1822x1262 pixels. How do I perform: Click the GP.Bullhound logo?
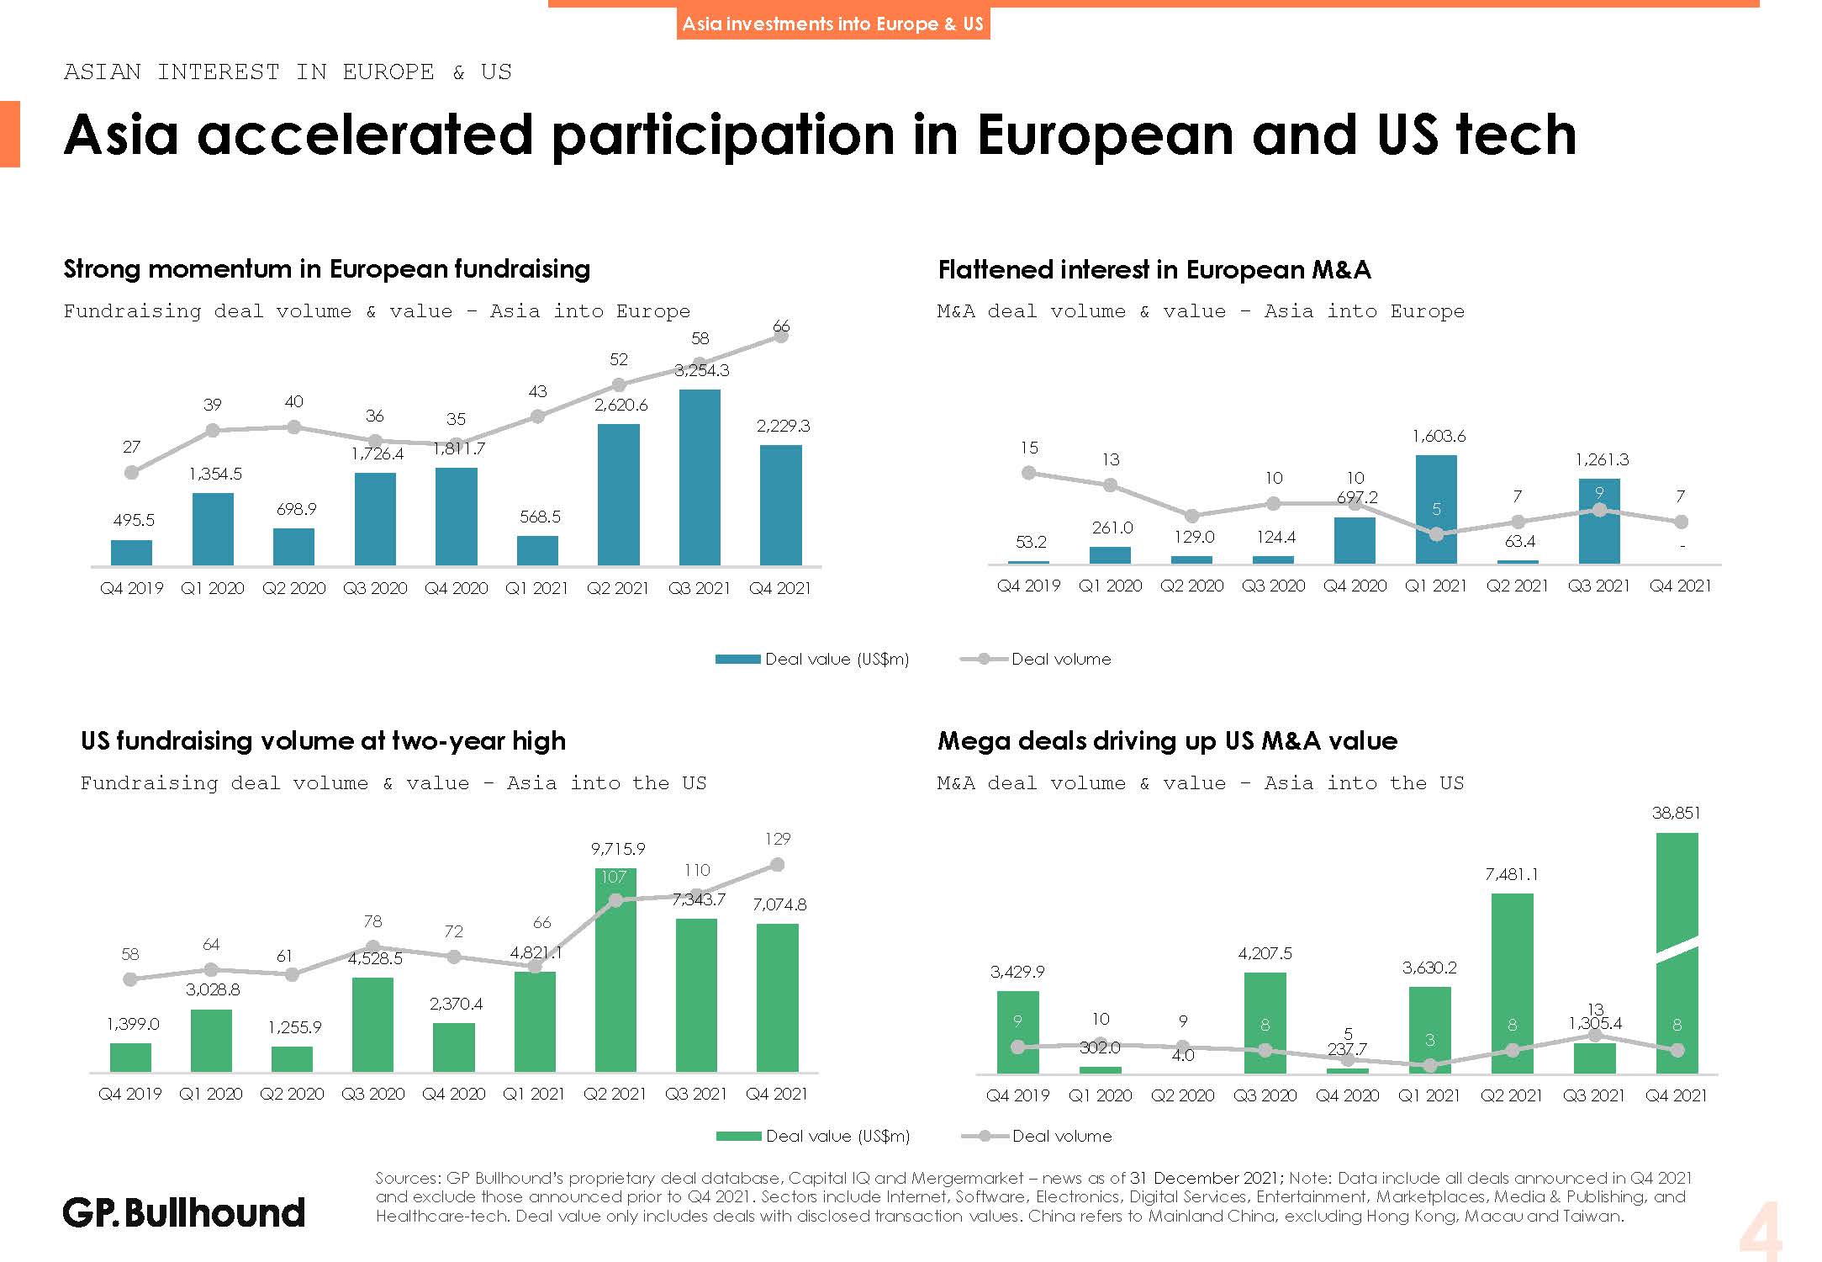[x=183, y=1212]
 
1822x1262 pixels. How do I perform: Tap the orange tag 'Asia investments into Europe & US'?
[x=832, y=24]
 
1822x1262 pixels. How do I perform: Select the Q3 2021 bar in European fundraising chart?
[x=700, y=477]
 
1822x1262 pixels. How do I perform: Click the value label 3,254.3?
[x=702, y=370]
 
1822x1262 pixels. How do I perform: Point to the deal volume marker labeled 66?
[x=781, y=336]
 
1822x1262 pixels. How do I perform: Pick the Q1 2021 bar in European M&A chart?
[x=1436, y=509]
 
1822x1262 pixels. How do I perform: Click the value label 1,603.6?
[x=1439, y=436]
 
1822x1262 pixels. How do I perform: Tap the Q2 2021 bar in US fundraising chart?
[x=615, y=970]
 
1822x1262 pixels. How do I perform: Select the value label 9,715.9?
[x=618, y=849]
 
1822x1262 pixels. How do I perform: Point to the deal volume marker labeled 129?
[x=778, y=865]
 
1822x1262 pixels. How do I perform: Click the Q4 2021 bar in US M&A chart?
[x=1677, y=953]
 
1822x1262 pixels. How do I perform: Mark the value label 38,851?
[x=1676, y=813]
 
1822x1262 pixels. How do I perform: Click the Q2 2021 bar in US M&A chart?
[x=1512, y=983]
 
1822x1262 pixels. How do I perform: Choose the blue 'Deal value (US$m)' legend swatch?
[x=737, y=660]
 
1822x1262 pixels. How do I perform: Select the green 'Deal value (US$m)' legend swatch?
[x=738, y=1137]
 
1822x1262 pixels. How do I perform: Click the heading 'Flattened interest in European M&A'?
[x=1154, y=270]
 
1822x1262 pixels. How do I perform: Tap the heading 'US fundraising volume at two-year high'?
[x=323, y=741]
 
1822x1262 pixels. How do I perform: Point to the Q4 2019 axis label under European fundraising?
[x=132, y=588]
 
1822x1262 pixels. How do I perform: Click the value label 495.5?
[x=135, y=520]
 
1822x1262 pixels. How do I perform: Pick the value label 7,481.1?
[x=1512, y=874]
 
